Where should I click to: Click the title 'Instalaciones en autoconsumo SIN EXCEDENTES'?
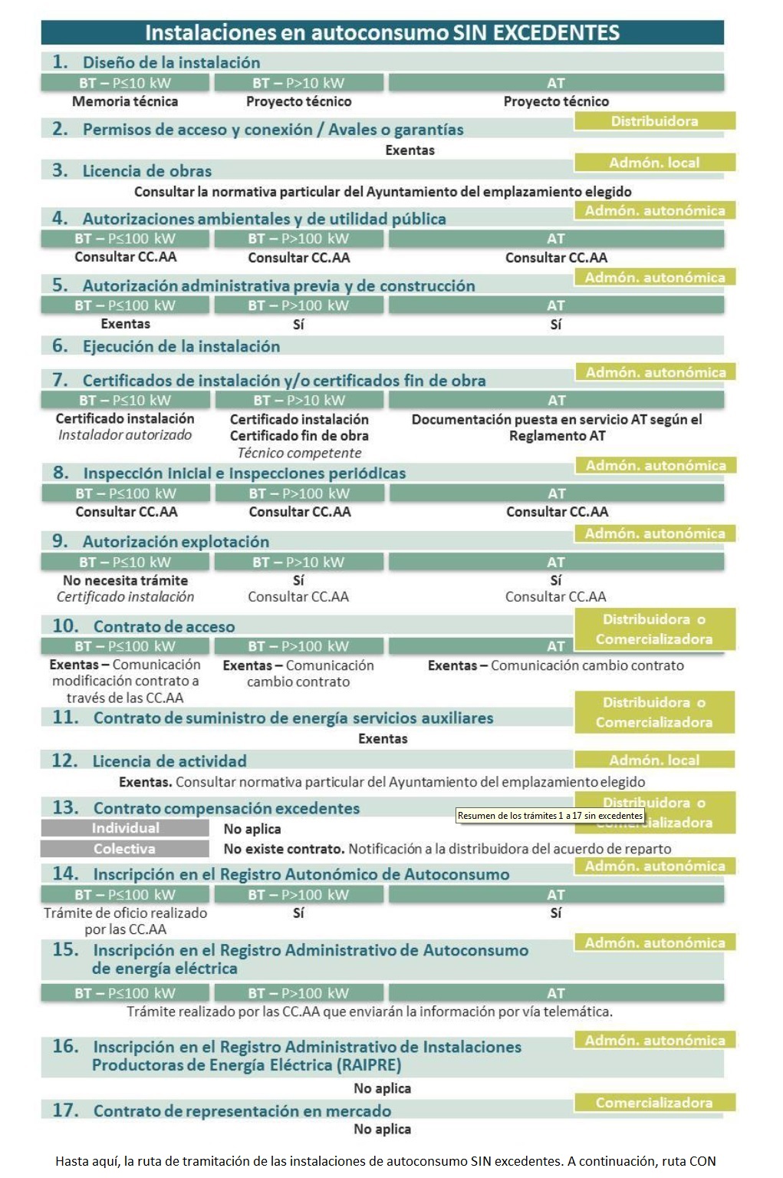coord(382,33)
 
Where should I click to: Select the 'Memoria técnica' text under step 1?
coord(125,101)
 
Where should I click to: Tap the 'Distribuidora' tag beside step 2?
coord(654,121)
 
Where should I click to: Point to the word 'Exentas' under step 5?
coord(125,324)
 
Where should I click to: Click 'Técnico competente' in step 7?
coord(299,453)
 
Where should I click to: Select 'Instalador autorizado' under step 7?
coord(125,435)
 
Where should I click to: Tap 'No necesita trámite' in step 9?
coord(125,580)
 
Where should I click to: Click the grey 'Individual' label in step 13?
coord(125,828)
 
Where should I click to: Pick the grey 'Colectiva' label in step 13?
coord(125,849)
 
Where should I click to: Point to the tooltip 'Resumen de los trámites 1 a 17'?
coord(550,816)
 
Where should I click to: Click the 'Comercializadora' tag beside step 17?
coord(654,1103)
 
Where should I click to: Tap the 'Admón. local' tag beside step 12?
coord(654,761)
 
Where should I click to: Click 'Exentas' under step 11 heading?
coord(383,739)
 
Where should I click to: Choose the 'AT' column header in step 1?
coord(556,83)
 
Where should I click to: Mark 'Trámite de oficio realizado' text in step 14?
coord(125,913)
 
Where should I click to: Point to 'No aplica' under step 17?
coord(382,1129)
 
